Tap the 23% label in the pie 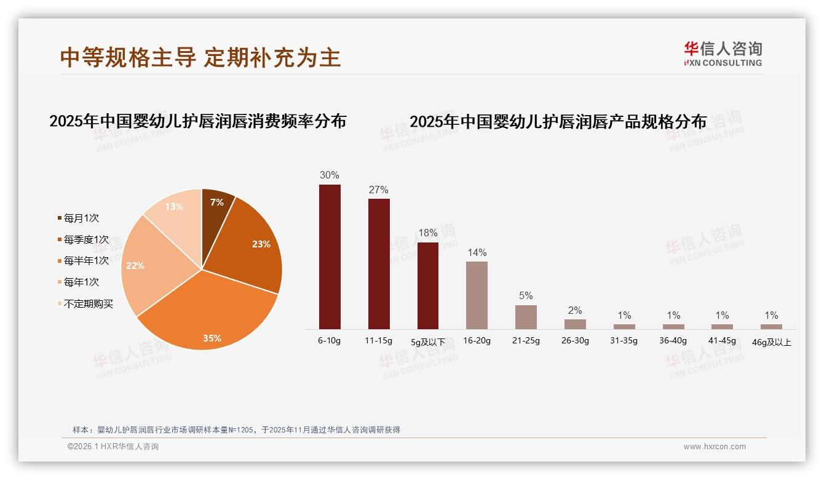[261, 244]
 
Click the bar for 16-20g [477, 295]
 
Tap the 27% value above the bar [379, 190]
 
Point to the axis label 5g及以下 [428, 341]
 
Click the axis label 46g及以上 [772, 342]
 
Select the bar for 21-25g [526, 317]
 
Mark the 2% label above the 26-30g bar [575, 310]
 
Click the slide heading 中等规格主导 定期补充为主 [200, 57]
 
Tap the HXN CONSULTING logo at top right [723, 54]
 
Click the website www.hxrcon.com [715, 447]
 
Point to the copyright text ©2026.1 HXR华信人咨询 [113, 447]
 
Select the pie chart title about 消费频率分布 [197, 121]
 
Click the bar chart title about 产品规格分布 [558, 121]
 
